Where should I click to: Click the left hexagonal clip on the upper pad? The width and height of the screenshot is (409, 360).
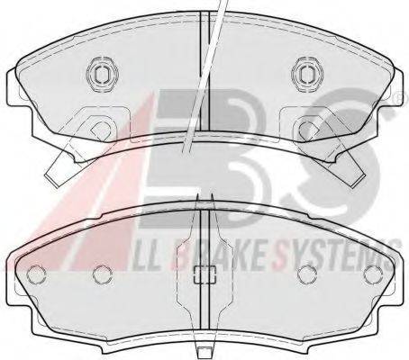click(103, 74)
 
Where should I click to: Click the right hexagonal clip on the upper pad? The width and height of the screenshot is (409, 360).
click(308, 74)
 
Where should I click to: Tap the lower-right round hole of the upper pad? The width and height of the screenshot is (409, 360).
click(307, 129)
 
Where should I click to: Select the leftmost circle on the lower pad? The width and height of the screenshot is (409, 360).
click(36, 274)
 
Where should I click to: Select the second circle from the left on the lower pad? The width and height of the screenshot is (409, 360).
click(103, 274)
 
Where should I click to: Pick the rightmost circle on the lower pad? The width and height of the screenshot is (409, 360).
click(373, 274)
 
